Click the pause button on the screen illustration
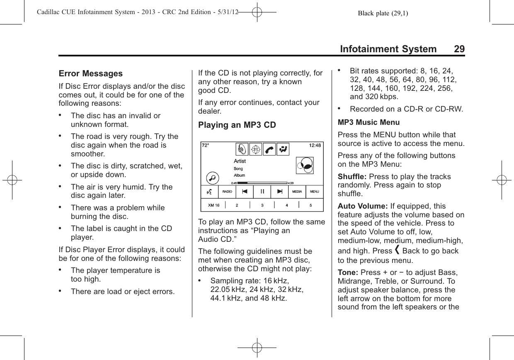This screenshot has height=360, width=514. [x=262, y=191]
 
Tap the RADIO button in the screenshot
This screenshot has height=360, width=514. [x=227, y=192]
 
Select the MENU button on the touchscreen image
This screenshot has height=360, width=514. [x=315, y=192]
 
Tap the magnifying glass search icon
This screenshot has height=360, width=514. [x=213, y=178]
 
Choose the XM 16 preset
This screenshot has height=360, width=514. [x=213, y=205]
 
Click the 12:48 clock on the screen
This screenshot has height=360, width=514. [x=315, y=146]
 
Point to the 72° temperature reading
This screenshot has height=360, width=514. [x=206, y=146]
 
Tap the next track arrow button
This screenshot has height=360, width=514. [x=280, y=191]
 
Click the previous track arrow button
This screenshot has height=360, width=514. [x=245, y=191]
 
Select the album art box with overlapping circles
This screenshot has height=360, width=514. [x=305, y=165]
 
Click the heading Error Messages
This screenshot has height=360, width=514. [x=91, y=74]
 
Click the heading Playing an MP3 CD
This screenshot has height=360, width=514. [x=237, y=125]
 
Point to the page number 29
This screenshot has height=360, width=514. [x=459, y=49]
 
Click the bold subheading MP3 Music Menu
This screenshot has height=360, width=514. [x=369, y=123]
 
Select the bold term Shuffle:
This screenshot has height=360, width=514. [x=352, y=177]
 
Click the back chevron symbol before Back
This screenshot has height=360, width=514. [x=397, y=251]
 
